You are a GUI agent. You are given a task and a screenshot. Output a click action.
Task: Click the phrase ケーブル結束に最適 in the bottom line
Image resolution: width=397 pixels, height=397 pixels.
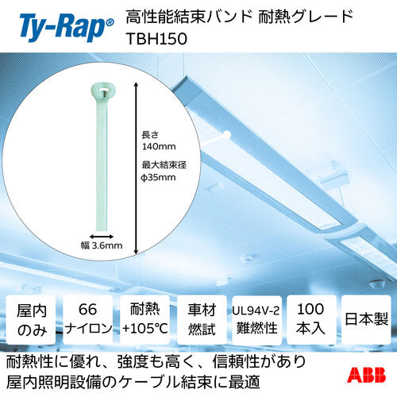210,382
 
